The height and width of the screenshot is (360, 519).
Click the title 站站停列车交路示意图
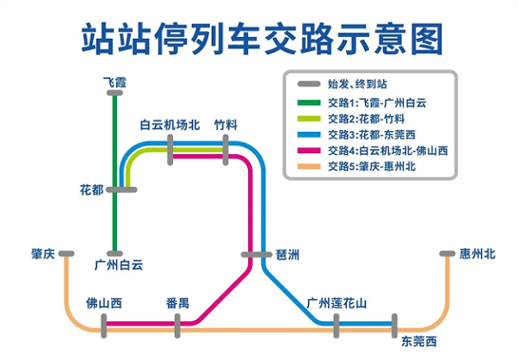260,39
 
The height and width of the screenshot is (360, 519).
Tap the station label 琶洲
288,255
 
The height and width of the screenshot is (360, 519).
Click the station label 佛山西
104,303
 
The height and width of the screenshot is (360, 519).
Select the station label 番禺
178,303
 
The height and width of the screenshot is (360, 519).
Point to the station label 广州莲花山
337,303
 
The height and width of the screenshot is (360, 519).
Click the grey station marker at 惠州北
448,254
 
